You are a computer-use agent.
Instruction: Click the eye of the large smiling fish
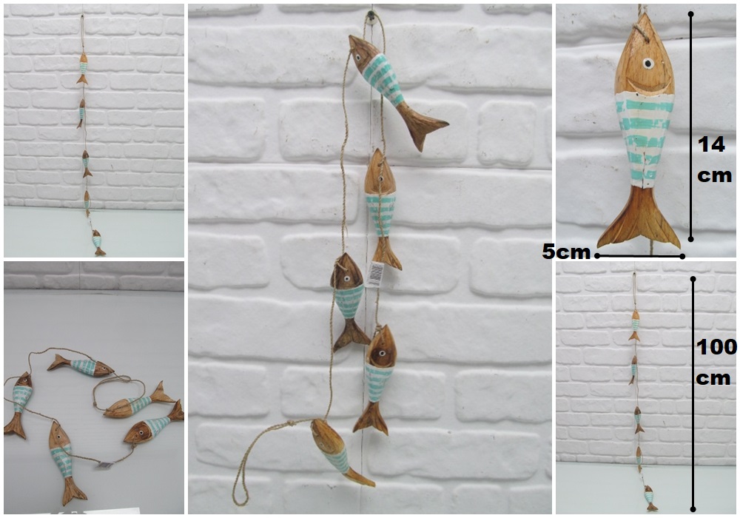click(x=648, y=63)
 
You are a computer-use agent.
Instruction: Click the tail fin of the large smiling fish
click(x=639, y=217)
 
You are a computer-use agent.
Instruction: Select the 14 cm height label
click(x=714, y=159)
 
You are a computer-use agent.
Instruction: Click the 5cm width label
click(x=566, y=252)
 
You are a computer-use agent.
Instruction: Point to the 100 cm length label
click(x=716, y=362)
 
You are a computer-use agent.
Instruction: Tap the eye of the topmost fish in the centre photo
click(x=357, y=58)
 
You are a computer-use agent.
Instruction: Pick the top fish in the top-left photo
click(x=83, y=69)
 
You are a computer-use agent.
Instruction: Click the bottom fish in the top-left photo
click(x=98, y=243)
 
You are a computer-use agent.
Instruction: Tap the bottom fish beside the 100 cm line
click(x=650, y=498)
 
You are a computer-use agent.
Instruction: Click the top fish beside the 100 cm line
click(x=635, y=326)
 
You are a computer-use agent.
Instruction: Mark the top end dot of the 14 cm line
click(x=691, y=14)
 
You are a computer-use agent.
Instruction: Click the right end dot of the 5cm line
click(x=682, y=256)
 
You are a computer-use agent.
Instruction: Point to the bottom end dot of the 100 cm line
click(x=693, y=509)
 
